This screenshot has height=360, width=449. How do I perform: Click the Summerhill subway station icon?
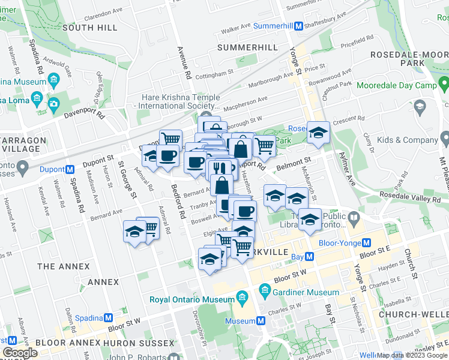298,26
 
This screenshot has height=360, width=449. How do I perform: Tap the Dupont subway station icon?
70,170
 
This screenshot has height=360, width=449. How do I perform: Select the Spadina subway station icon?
108,317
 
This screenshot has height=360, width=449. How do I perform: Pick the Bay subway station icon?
310,257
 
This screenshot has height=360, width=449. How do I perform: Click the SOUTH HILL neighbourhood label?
83,28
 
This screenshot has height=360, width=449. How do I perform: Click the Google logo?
20,353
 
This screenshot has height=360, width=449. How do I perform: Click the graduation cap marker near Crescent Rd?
318,133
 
